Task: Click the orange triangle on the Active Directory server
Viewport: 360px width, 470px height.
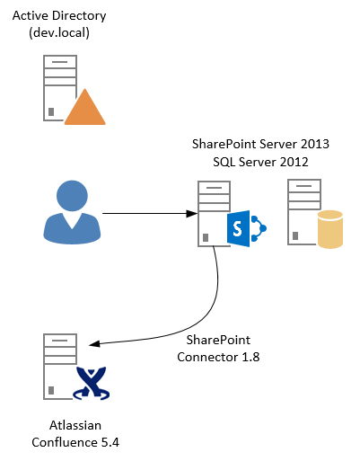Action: coord(85,109)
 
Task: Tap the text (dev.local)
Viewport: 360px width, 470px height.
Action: coord(59,32)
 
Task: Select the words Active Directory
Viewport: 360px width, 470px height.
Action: coord(59,15)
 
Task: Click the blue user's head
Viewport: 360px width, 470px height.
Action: coord(72,195)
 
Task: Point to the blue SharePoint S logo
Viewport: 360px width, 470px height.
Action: coord(239,228)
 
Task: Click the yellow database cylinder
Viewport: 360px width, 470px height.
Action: coord(330,229)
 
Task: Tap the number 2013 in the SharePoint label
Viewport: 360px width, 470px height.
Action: coord(315,144)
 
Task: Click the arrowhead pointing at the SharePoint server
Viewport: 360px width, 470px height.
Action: coord(192,214)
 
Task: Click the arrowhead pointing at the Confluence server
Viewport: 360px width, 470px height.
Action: coord(94,344)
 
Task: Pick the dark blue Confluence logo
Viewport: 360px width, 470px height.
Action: coord(92,383)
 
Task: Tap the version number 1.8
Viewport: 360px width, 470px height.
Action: coord(250,357)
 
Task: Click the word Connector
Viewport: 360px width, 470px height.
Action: coord(207,357)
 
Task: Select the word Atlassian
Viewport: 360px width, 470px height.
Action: coord(75,425)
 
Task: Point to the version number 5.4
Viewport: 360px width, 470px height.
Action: coord(110,442)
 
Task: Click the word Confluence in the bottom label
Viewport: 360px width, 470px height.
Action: coord(65,442)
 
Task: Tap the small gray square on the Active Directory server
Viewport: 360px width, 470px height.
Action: coord(51,111)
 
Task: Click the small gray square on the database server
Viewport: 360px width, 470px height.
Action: coord(295,236)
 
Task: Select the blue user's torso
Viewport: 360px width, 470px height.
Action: coord(72,228)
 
